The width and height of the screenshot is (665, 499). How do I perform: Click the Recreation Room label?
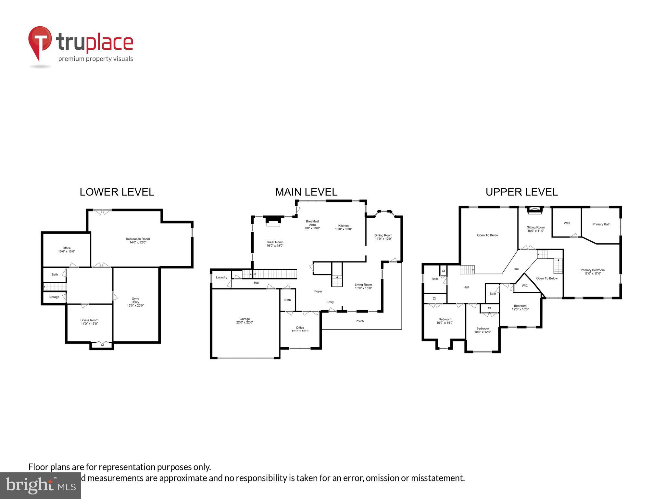[138, 239]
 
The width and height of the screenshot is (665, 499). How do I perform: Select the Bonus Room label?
[89, 320]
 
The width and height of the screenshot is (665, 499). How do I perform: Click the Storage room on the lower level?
[54, 297]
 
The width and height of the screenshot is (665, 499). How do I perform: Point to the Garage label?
[245, 319]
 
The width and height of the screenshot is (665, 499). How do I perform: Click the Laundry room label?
[221, 277]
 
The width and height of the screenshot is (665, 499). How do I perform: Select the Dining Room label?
[383, 235]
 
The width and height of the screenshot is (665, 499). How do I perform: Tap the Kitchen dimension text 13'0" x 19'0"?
[344, 229]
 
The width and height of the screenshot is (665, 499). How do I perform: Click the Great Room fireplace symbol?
[273, 221]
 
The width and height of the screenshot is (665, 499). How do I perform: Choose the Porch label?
[359, 321]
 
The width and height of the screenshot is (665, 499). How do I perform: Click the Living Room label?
[363, 285]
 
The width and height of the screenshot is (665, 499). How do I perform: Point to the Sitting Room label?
[535, 227]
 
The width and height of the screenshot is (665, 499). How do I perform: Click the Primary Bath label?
[601, 224]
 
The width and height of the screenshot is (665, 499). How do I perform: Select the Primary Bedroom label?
[592, 270]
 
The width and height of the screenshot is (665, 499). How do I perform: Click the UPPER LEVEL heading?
[521, 192]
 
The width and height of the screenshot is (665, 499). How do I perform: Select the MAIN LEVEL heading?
[306, 192]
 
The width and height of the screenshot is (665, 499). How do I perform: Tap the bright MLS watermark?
[41, 485]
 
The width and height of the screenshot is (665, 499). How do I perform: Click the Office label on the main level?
[300, 327]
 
